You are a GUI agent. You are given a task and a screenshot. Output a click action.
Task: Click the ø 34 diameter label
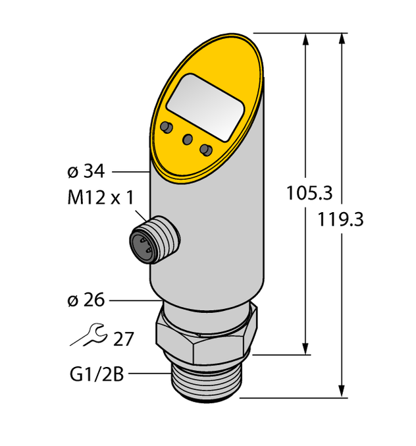[x=86, y=172]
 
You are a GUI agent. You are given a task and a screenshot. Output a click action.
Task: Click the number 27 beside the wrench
[x=123, y=339]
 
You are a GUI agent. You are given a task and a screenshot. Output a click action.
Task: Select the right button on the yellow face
[x=207, y=150]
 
